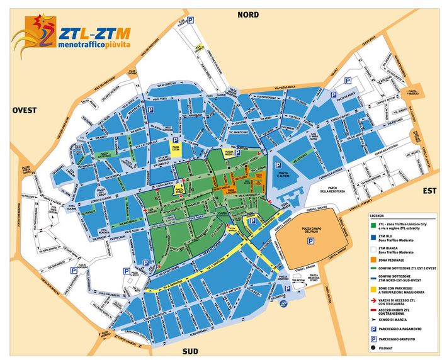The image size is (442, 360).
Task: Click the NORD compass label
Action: click(x=247, y=14)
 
